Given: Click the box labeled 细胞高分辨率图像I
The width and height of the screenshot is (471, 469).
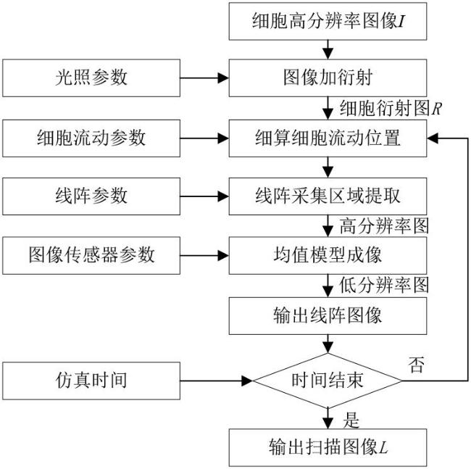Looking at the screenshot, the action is [328, 21].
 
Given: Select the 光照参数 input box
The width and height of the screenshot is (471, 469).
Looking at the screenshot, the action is [91, 78].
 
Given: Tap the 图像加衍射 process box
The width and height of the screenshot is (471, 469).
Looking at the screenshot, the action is [328, 78].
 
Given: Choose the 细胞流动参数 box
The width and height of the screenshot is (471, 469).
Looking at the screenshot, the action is [91, 138].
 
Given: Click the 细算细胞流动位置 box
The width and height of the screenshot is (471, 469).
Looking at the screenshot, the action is [328, 138].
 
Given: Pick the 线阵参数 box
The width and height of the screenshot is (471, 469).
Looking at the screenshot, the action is [91, 196].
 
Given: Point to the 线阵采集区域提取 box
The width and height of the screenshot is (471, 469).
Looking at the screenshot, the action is [328, 196].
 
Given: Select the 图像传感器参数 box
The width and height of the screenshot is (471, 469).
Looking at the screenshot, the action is [91, 255].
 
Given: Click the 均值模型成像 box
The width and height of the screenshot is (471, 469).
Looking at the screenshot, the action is [328, 255].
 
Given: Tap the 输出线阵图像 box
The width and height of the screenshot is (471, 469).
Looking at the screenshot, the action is [328, 316].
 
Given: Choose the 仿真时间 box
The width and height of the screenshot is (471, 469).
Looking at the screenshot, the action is [91, 381].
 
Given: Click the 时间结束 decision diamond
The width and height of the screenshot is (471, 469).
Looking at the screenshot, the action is [328, 381].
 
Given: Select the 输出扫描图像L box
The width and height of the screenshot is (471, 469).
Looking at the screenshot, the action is [328, 448].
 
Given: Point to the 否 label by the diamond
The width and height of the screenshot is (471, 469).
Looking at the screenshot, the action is [417, 365].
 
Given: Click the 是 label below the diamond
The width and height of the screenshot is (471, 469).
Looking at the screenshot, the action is [351, 420].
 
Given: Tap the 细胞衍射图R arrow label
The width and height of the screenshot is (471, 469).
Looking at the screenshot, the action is [391, 108].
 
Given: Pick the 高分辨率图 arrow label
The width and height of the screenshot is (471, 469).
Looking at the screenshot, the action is [384, 225].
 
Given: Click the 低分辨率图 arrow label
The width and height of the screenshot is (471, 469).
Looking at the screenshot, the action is [384, 285].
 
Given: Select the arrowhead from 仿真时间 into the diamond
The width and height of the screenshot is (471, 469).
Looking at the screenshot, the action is [247, 381].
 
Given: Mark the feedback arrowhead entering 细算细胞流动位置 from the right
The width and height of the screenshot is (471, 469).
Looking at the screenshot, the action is [433, 138].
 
